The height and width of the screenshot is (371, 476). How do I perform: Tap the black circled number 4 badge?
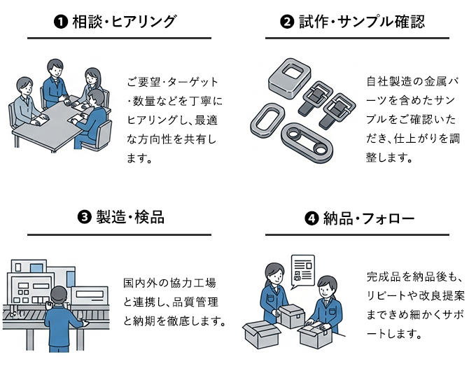[x=312, y=218]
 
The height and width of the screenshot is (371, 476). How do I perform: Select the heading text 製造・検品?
[x=131, y=218]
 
